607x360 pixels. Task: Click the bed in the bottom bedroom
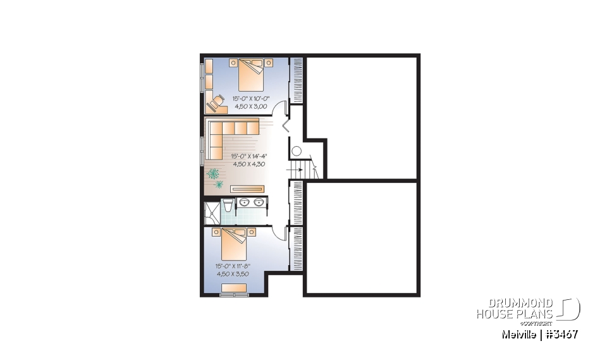pos(238,244)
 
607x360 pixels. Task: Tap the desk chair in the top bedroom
pos(218,99)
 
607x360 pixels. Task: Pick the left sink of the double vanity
pos(244,202)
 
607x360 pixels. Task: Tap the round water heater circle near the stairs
pos(297,152)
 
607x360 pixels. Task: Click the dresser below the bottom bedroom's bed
pos(234,289)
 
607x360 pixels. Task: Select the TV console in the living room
pos(248,188)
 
